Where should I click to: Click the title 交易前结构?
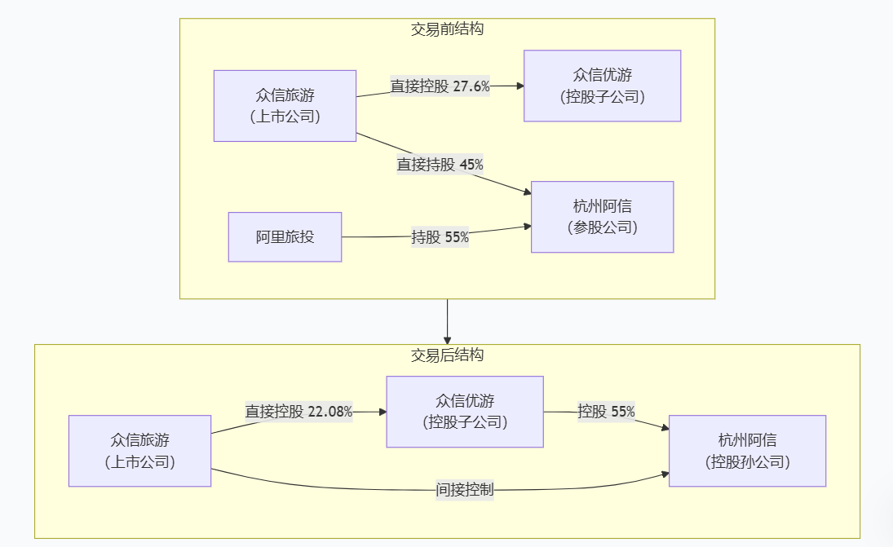tap(447, 29)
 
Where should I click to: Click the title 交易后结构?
tap(447, 355)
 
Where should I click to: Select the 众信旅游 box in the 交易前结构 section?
tap(285, 106)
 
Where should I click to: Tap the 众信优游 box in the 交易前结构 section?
tap(602, 86)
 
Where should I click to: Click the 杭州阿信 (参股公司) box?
tap(602, 217)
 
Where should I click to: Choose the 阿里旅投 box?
tap(285, 237)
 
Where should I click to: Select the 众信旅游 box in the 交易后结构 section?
tap(139, 451)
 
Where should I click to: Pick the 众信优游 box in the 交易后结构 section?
tap(465, 412)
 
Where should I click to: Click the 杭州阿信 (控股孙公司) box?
tap(747, 451)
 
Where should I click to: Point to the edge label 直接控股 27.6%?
tap(440, 86)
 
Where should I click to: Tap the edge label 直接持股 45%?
tap(440, 164)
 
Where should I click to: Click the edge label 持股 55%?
tap(440, 237)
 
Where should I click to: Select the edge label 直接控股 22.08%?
tap(298, 412)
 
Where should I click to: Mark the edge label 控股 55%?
tap(606, 412)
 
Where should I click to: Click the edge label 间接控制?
tap(464, 490)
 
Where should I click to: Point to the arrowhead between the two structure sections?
tap(447, 339)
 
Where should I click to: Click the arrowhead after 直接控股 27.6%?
tap(519, 86)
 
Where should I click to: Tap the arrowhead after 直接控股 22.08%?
tap(382, 412)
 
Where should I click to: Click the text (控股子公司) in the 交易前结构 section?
tap(602, 96)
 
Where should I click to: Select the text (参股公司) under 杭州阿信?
tap(602, 227)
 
